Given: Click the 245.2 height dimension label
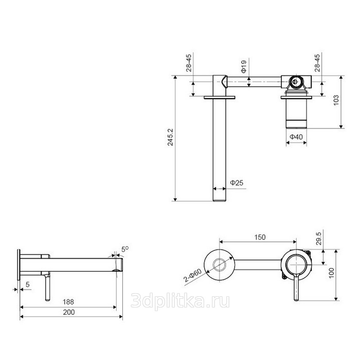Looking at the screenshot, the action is coord(170,137).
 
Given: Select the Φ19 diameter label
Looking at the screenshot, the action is coord(244,66).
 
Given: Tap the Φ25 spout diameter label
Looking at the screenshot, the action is coord(237,183).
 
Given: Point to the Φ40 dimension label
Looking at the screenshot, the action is coord(296,137).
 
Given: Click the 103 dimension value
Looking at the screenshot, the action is coord(336,100).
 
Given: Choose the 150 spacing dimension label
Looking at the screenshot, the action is coord(260,237).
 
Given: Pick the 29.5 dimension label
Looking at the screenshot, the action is coord(319,238).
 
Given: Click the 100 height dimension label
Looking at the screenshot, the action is coord(332,273).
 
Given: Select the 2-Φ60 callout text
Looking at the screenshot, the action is coord(193,275).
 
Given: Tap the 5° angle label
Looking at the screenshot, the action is coord(125,249).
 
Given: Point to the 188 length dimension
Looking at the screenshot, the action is coord(68,302).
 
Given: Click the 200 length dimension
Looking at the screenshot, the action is coord(69,312).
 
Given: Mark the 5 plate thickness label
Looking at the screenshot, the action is coord(28,284).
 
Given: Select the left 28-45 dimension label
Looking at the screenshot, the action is coord(189,63).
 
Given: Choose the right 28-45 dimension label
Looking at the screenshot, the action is coord(317,63).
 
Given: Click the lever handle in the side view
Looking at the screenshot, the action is coord(47,287).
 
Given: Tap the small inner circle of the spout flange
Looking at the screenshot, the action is coord(220,265).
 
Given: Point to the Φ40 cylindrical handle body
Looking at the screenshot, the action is coord(296,113).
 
